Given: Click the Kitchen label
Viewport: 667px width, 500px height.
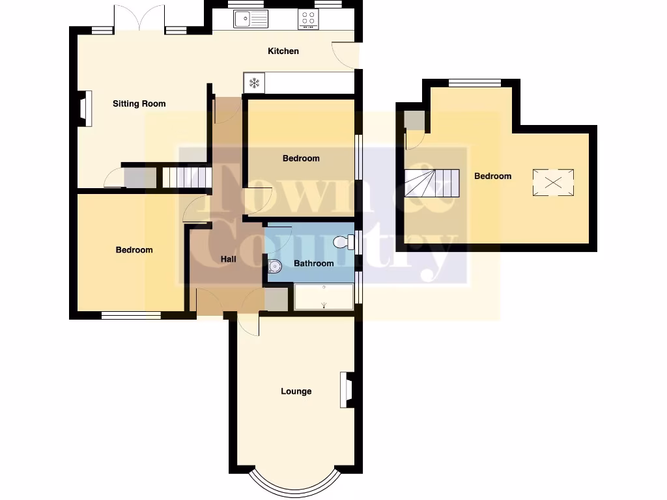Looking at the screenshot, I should point(283,51).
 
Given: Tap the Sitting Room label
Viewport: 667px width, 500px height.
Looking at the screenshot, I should point(139,104).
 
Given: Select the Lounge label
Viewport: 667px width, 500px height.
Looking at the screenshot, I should point(296,391).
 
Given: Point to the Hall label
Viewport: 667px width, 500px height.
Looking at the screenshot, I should point(228,259).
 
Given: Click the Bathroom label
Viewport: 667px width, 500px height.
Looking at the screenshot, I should point(313,264).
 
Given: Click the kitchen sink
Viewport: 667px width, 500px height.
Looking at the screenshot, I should point(251,20).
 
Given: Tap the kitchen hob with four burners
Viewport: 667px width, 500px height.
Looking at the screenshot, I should point(308,20).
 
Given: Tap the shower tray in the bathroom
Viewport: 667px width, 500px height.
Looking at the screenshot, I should point(324,297).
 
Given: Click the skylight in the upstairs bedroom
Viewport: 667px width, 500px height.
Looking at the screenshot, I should point(554,182).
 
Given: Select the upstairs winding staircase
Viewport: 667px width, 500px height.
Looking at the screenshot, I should point(431,183).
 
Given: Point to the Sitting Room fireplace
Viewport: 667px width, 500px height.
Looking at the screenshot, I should point(84,108).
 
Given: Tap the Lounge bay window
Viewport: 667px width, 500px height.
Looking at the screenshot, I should point(295,482).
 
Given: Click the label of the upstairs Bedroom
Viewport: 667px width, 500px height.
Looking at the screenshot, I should point(492,176).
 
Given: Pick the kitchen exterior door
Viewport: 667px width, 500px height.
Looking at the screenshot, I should point(347,55).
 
